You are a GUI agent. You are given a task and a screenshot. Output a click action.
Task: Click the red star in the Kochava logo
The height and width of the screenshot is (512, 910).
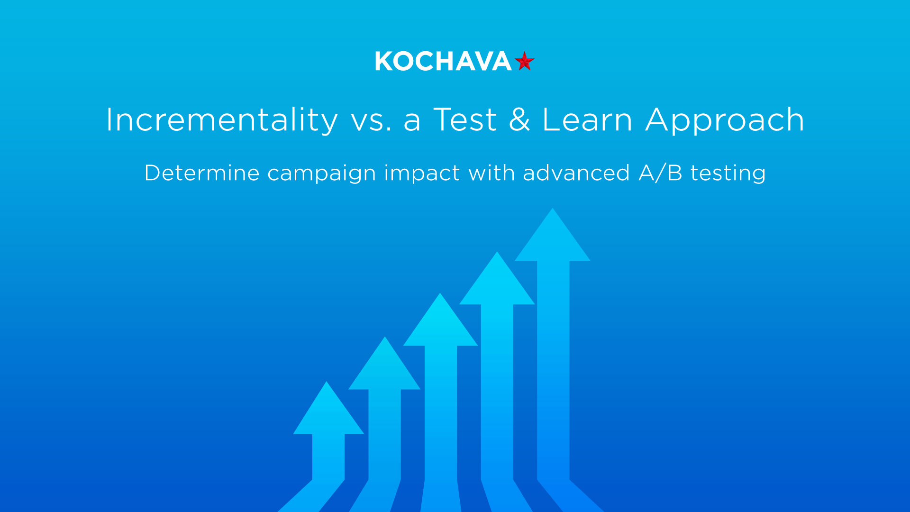[524, 61]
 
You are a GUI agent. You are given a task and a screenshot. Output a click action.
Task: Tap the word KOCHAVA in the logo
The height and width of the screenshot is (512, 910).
[443, 62]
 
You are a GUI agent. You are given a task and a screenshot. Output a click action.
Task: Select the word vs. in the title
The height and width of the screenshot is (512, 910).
[371, 120]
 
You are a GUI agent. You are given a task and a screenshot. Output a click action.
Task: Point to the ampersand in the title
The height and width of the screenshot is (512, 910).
[519, 119]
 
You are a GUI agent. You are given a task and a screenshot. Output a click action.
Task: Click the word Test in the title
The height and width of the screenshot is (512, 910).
[465, 119]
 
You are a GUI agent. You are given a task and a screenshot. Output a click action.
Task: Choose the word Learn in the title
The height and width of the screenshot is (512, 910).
[587, 119]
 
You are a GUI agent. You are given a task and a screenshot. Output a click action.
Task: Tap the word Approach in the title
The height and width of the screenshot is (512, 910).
[725, 120]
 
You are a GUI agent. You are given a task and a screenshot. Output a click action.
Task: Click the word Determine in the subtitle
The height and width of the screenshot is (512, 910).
[202, 173]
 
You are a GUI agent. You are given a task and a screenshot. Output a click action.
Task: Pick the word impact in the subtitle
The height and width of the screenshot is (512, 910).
[422, 174]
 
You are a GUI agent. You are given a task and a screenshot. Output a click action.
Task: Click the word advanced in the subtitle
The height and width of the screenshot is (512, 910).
[576, 173]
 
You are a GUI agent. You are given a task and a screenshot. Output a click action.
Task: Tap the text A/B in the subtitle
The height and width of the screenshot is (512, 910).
[661, 173]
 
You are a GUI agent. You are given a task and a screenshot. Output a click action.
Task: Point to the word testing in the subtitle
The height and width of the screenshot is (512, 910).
[728, 174]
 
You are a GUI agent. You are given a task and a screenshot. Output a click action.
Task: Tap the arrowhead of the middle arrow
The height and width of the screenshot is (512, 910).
[440, 325]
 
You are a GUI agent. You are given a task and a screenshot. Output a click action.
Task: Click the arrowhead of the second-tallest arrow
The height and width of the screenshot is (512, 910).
[497, 283]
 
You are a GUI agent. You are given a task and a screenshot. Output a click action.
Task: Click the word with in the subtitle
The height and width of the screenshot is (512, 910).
[491, 173]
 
